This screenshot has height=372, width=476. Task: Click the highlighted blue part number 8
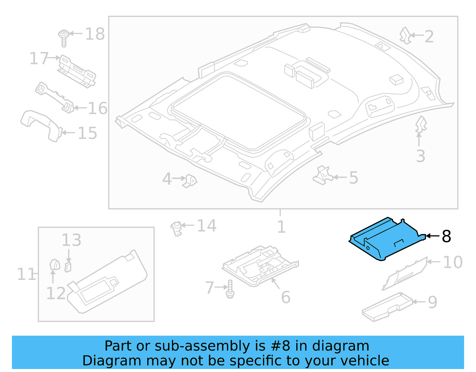tap(387, 240)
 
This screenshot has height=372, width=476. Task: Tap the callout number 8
tap(446, 236)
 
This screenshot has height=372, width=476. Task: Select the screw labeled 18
tap(63, 38)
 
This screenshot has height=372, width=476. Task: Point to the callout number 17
tap(39, 58)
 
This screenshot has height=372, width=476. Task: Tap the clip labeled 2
tap(405, 35)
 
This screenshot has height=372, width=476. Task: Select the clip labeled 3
tap(420, 124)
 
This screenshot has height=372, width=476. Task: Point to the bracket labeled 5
tap(323, 176)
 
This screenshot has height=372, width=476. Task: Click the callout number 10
tap(452, 262)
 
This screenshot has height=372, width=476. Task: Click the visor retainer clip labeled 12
tap(54, 265)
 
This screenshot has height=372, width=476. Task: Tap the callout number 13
tap(71, 240)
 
